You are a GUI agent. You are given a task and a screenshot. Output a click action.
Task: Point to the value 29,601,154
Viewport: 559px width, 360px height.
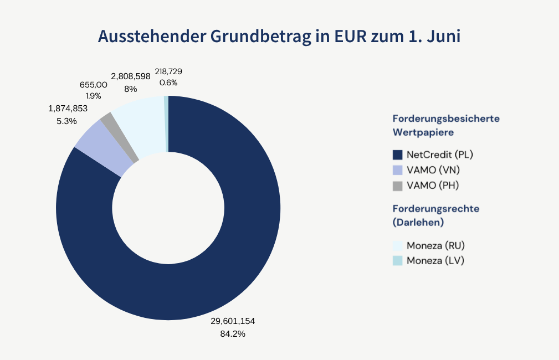point(232,321)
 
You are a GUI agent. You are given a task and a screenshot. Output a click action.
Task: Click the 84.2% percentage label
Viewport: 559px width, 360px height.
point(233,333)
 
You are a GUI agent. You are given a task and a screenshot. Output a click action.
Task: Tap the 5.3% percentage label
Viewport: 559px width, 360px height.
point(66,121)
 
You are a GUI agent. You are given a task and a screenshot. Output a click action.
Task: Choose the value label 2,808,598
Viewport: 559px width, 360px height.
point(131,76)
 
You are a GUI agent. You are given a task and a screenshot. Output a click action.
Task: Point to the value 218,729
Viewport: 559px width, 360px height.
point(168,71)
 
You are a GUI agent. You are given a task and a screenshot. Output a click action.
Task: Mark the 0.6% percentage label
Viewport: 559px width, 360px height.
point(168,83)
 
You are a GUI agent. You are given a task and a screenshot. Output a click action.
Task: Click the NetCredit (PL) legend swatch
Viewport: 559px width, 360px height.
point(397,155)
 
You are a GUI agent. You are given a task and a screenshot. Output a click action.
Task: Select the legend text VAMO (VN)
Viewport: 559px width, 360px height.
point(433,170)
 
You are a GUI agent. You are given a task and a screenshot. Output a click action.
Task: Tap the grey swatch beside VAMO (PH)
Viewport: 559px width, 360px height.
point(397,186)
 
